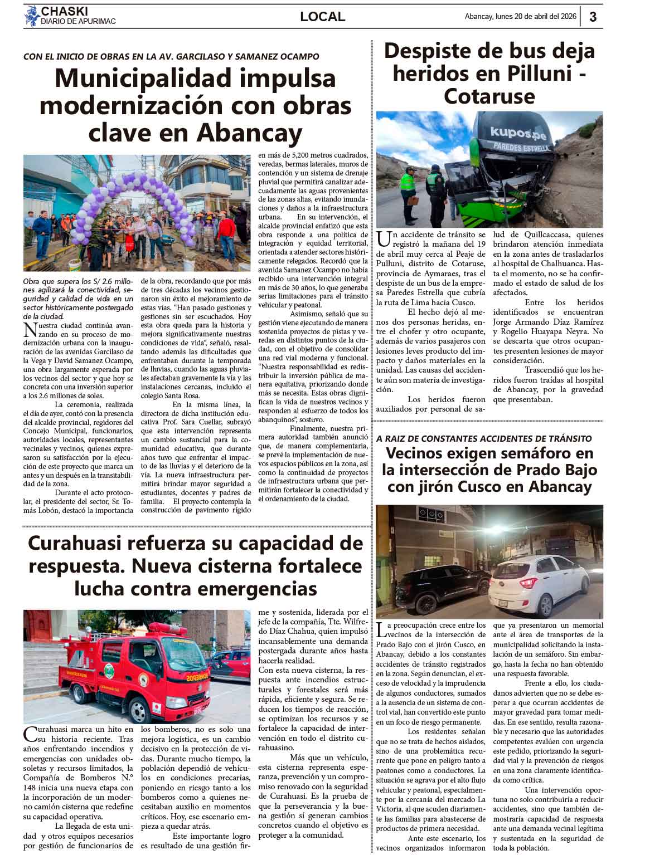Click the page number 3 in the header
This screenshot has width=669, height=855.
[x=593, y=17]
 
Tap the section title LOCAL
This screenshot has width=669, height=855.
[x=322, y=17]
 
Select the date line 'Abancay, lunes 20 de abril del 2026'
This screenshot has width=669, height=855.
[x=520, y=17]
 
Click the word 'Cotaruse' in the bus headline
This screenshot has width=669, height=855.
[x=489, y=96]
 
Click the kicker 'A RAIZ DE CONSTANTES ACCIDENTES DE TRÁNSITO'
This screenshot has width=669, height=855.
[x=484, y=439]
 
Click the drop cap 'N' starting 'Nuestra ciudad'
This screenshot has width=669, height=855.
[x=30, y=330]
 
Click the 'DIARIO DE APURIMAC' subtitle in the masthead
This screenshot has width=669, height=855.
[x=78, y=22]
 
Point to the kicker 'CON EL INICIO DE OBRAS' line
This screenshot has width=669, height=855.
[x=171, y=56]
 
